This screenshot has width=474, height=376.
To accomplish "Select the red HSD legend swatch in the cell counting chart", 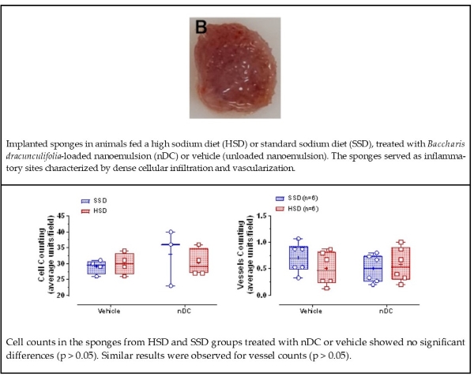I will pyautogui.click(x=83, y=211).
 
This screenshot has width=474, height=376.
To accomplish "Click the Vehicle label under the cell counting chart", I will pyautogui.click(x=109, y=310).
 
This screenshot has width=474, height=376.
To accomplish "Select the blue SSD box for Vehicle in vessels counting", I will pyautogui.click(x=298, y=258).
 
